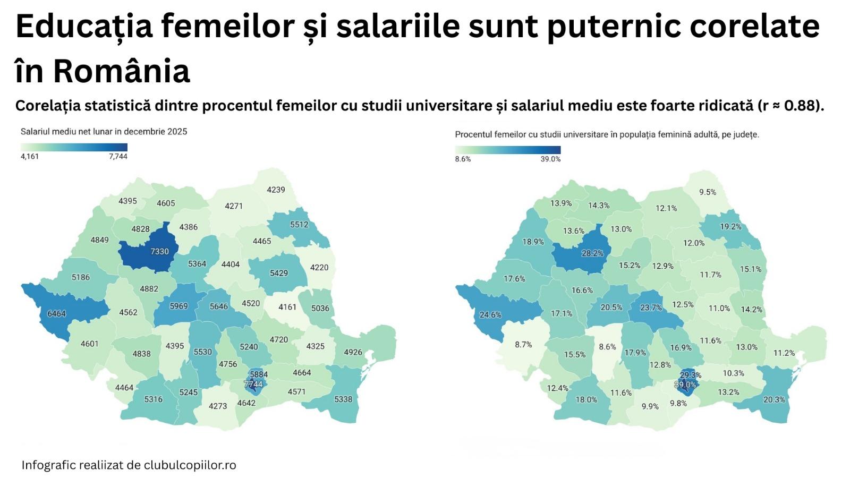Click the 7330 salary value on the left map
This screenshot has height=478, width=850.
[159, 252]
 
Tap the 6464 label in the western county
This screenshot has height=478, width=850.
[57, 313]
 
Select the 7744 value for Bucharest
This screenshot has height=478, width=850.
[253, 383]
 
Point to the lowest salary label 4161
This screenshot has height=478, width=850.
[287, 307]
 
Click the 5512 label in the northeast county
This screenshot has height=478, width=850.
[299, 225]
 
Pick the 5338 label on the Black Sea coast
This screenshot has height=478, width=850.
[343, 399]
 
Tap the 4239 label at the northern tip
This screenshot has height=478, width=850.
[276, 190]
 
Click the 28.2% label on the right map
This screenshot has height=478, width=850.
[592, 253]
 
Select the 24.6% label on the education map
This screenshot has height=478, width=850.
[490, 314]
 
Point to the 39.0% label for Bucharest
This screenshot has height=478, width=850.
[685, 385]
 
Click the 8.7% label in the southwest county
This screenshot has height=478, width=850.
[523, 345]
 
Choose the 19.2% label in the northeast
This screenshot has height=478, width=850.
[730, 226]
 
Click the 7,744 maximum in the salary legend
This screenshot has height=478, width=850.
[118, 157]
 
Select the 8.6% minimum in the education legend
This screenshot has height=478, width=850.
[463, 159]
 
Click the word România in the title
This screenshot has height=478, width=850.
[121, 71]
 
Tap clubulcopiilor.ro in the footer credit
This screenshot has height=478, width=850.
[190, 465]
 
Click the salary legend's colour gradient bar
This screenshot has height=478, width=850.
[74, 147]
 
